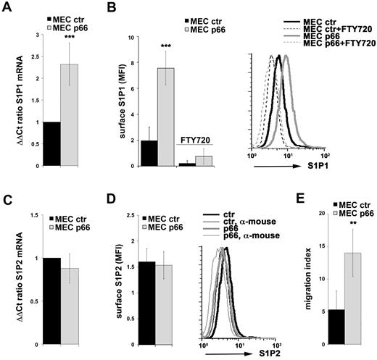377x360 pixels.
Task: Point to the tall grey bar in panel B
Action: tap(166, 117)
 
